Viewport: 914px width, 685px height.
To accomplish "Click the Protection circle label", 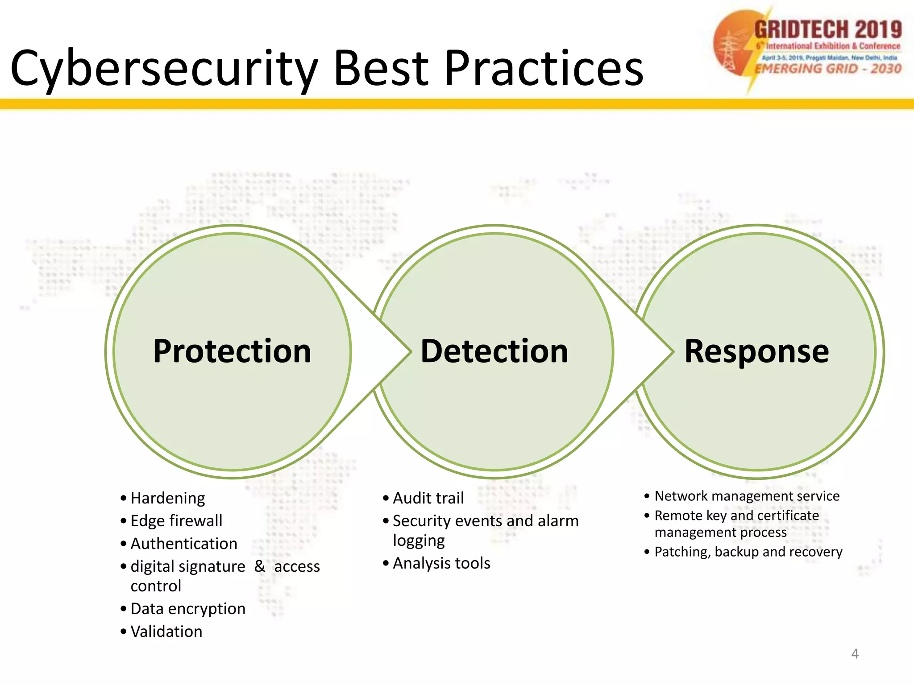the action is pyautogui.click(x=232, y=351).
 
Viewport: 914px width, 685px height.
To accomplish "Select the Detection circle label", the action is pyautogui.click(x=494, y=351).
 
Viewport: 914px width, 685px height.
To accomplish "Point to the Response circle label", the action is pyautogui.click(x=757, y=351).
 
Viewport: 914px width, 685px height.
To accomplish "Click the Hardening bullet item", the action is pyautogui.click(x=168, y=498).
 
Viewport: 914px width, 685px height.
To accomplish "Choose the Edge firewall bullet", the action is pyautogui.click(x=176, y=521).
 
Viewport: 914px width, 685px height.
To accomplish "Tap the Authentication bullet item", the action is pyautogui.click(x=184, y=544).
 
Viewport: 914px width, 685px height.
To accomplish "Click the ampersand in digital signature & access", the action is pyautogui.click(x=260, y=566).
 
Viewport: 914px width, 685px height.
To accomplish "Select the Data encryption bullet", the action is pyautogui.click(x=188, y=609).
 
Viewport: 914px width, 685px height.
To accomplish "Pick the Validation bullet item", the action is pyautogui.click(x=166, y=631).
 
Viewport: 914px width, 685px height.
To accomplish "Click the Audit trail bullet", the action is pyautogui.click(x=428, y=498).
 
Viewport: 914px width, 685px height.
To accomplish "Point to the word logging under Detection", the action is pyautogui.click(x=419, y=541).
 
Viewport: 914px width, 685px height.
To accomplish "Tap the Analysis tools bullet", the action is pyautogui.click(x=441, y=563).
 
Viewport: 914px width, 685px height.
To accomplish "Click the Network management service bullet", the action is pyautogui.click(x=747, y=496).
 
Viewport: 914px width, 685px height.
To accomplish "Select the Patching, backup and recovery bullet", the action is pyautogui.click(x=748, y=552).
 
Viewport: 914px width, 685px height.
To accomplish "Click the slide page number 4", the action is pyautogui.click(x=855, y=654).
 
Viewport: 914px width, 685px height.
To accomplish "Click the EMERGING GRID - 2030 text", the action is pyautogui.click(x=828, y=69).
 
